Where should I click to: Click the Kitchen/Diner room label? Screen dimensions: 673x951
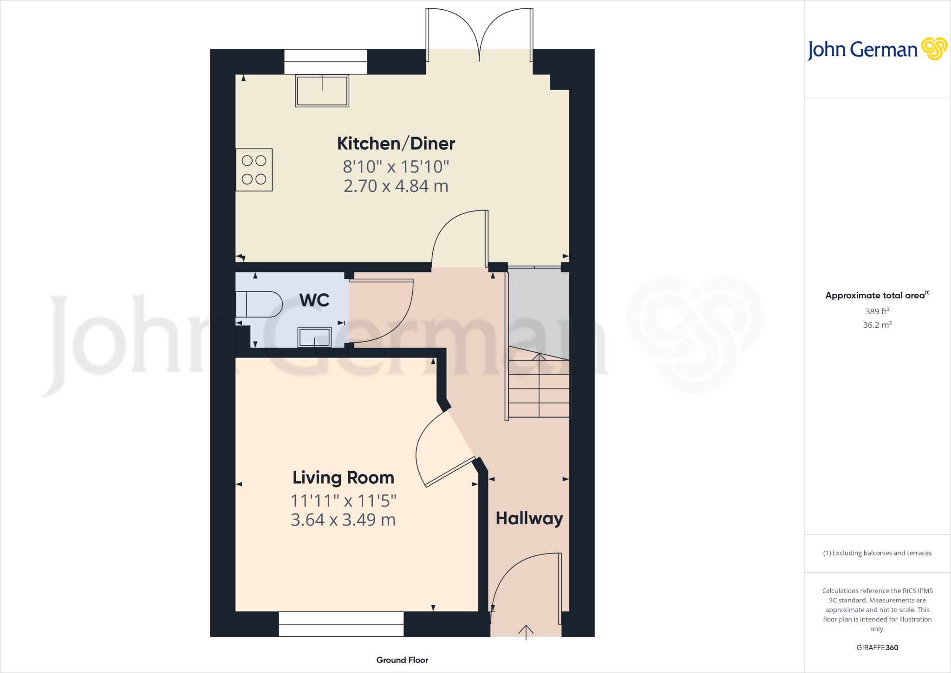396,144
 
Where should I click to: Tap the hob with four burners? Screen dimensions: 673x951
254,170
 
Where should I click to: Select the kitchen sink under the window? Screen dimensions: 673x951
322,91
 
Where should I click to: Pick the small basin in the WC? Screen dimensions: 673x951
314,336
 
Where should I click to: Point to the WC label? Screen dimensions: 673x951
314,300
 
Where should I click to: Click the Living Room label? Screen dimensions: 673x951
343,478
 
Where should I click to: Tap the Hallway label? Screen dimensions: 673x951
529,518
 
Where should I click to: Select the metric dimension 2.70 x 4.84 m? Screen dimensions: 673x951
396,186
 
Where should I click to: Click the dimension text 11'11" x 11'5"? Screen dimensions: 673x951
343,501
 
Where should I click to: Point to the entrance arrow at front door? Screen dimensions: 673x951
526,632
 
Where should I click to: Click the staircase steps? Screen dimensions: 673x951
539,388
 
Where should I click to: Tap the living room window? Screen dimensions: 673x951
341,624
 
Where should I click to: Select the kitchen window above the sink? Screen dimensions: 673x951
326,61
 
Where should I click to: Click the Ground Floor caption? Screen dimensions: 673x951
402,660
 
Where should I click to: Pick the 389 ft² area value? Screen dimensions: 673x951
877,311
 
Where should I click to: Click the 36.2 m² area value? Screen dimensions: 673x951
877,325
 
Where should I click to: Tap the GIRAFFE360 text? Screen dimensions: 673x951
877,647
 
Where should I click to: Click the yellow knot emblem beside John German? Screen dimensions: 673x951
934,49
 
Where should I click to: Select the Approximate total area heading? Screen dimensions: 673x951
875,296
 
